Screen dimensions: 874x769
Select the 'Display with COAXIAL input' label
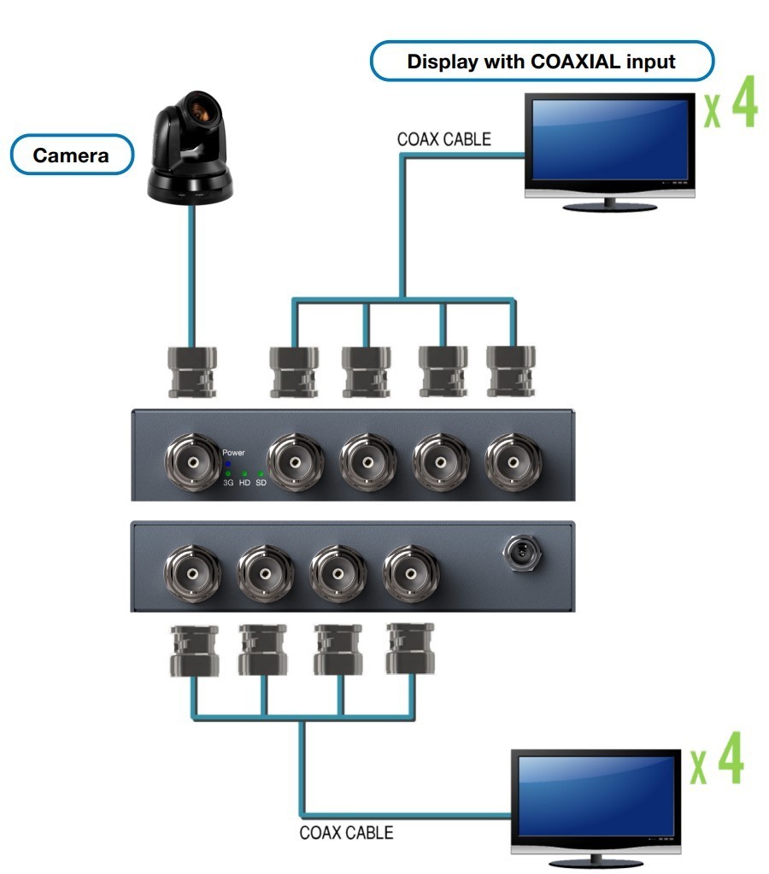click(542, 62)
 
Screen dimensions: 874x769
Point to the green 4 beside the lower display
click(729, 760)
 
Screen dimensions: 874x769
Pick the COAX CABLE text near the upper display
click(444, 138)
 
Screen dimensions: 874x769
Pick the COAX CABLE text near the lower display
click(346, 832)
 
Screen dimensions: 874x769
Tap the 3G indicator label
click(228, 483)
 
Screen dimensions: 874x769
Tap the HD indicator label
click(244, 483)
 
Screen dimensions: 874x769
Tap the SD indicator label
click(261, 483)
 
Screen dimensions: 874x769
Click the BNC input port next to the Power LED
click(192, 462)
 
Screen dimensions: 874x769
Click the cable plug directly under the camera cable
click(190, 373)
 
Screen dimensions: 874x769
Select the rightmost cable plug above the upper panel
click(512, 373)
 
